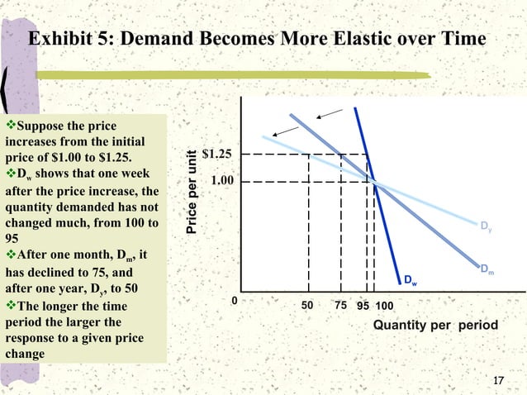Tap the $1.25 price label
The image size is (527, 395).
pos(216,155)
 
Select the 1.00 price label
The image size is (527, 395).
pos(219,181)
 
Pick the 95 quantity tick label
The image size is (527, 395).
pos(363,305)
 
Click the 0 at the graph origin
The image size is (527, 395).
pos(234,301)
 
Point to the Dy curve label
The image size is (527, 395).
pos(487,225)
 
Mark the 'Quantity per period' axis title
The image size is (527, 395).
pos(435,325)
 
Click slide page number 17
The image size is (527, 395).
pos(497,380)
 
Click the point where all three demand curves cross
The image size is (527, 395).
pos(374,182)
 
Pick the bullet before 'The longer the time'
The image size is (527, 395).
pos(11,307)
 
